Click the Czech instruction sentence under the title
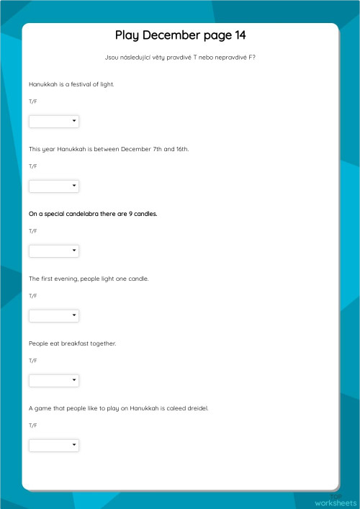(180, 58)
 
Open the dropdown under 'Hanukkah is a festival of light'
(54, 122)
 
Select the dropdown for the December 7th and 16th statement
(54, 186)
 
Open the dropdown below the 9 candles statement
(54, 251)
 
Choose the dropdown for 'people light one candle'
(54, 316)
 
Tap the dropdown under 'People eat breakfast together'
(54, 381)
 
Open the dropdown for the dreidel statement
(54, 446)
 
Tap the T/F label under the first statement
(32, 102)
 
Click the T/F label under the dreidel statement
(32, 425)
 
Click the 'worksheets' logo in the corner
(336, 503)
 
